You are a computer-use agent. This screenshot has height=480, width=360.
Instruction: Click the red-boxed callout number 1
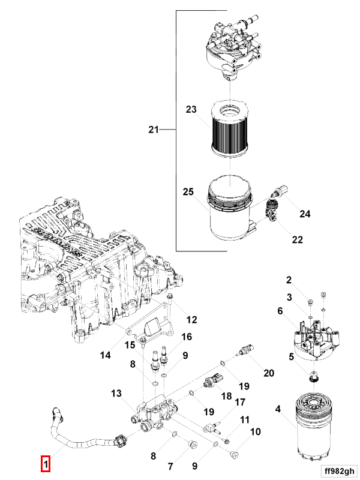pos(46,464)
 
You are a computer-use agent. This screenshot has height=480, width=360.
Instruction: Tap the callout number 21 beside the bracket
pos(154,130)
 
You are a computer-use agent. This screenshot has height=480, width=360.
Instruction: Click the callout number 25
pos(188,192)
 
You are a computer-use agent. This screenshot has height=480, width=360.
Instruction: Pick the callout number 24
pos(305,214)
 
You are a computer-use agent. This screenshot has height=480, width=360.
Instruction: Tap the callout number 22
pos(297,239)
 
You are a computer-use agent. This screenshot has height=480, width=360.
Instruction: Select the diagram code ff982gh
pos(339,471)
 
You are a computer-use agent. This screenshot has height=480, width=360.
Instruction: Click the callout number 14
pos(106,355)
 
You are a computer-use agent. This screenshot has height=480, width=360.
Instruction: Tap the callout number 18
pos(226,396)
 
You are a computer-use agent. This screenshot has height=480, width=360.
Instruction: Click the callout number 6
pos(280,311)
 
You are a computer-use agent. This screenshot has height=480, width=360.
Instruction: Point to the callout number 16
pos(187,337)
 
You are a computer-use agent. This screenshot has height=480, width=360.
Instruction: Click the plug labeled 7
pos(192,445)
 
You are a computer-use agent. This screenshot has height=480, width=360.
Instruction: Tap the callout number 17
pos(240,402)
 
